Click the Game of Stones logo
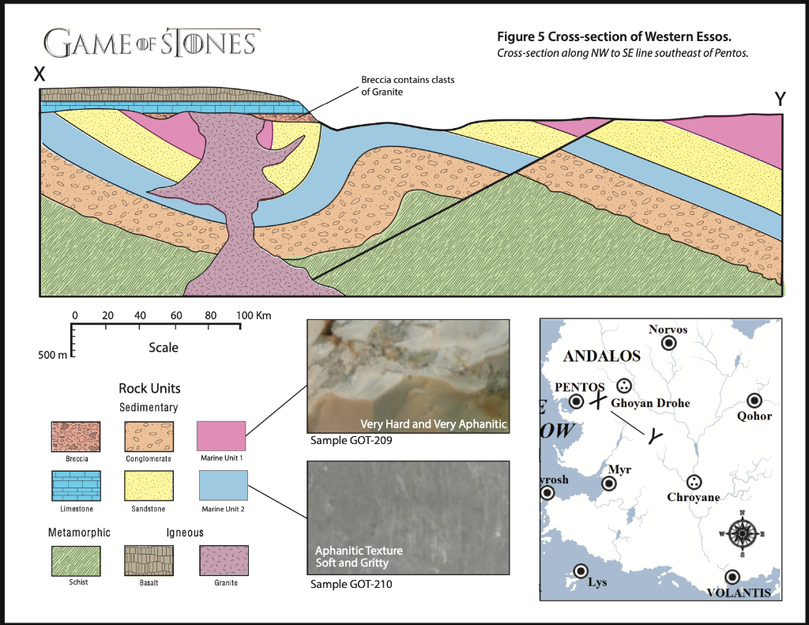click(150, 42)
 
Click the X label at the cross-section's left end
click(40, 74)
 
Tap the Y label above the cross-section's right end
click(781, 100)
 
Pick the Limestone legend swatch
click(76, 485)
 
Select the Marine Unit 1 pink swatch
click(222, 435)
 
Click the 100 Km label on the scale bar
click(254, 316)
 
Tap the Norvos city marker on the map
click(668, 343)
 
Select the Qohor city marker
click(754, 401)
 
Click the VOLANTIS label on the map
click(738, 593)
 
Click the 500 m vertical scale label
click(53, 354)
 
